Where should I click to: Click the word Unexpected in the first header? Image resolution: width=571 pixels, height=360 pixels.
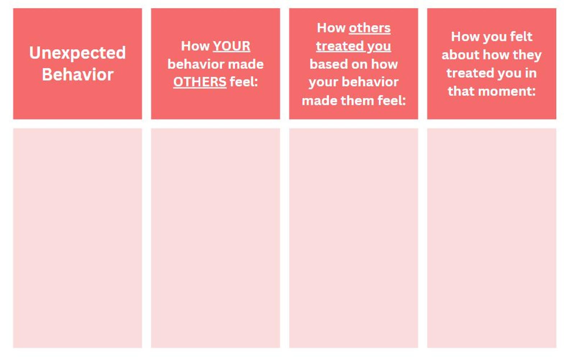coord(78,53)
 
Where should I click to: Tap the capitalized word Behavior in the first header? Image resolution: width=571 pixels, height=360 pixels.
coord(78,75)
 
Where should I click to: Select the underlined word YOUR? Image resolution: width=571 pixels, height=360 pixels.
coord(232,46)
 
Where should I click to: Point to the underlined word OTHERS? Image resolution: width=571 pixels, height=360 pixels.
coord(200,82)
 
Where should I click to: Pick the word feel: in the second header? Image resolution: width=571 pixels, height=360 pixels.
coord(244,82)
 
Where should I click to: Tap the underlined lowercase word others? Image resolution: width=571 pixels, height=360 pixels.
coord(370,28)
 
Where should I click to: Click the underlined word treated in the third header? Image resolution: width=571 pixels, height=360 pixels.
coord(340,46)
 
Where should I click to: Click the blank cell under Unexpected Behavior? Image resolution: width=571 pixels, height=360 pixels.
coord(78,238)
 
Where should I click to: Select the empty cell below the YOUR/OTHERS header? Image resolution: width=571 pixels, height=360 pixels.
coord(215,238)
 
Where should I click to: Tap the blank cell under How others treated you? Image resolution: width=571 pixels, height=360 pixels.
coord(353,238)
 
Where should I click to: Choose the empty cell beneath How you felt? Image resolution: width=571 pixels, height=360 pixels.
coord(492,238)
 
